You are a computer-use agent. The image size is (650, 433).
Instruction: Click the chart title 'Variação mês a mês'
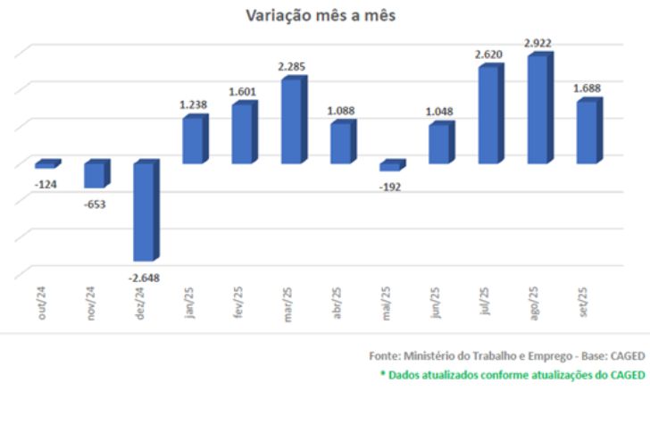coord(321,15)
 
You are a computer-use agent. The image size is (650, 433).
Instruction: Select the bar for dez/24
coord(145,212)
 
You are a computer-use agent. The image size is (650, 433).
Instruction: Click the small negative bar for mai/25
coord(390,167)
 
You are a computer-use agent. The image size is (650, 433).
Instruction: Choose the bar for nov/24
coord(95,176)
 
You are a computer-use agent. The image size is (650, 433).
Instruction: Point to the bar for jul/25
coord(488,115)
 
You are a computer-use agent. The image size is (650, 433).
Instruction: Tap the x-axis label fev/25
coord(238,303)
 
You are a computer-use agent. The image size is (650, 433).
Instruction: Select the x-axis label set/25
coord(583,303)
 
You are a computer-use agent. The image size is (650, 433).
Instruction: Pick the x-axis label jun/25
coord(435,303)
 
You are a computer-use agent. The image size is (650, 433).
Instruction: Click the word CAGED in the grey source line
coord(624,355)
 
